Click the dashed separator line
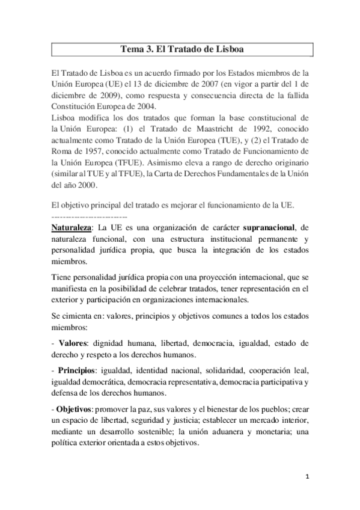90,215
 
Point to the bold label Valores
73,343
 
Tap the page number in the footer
307,479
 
